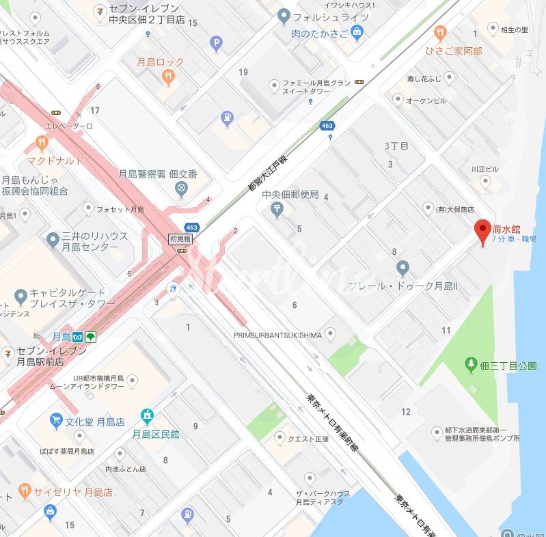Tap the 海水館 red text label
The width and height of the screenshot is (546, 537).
[506, 229]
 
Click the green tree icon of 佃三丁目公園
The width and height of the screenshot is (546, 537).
[470, 366]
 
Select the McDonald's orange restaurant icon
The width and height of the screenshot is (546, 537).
[42, 143]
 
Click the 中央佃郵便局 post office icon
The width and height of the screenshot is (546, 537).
[277, 210]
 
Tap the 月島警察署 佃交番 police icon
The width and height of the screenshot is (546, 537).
[181, 189]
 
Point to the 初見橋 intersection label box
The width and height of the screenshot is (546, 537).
[181, 239]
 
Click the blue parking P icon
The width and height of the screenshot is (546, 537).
[217, 45]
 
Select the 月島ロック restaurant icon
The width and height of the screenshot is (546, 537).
[168, 77]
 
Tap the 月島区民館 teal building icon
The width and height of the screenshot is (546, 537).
[146, 416]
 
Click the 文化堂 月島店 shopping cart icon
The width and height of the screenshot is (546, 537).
[55, 420]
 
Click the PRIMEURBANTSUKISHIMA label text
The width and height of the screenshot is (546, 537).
[277, 335]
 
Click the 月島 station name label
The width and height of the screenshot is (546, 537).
[62, 337]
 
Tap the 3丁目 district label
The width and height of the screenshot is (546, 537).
[396, 146]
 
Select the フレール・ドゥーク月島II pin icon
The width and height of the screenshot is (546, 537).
[402, 268]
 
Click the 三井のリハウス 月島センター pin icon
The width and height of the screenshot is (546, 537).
[53, 240]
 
